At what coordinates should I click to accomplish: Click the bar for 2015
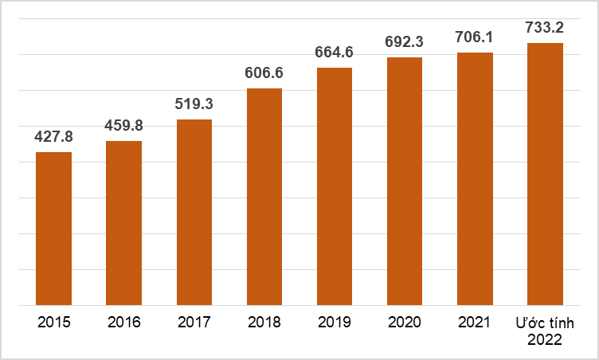coord(54,229)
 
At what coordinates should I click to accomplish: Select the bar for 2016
coord(124,223)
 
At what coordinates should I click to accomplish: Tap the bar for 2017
coord(194,212)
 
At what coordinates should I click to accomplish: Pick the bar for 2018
coord(264,197)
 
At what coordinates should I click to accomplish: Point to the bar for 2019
coord(335,186)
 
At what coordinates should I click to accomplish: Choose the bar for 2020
coord(405,182)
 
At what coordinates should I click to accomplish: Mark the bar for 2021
coord(475,179)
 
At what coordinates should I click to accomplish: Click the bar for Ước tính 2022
coord(545,174)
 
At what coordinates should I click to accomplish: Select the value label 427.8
coord(54,136)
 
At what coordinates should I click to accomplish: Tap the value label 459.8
coord(124,125)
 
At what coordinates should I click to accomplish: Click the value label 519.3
coord(194,104)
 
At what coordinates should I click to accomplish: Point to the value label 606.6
coord(264,72)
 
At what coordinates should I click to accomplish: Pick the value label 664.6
coord(335,53)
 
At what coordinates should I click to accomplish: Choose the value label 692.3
coord(405,42)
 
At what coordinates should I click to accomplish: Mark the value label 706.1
coord(475,37)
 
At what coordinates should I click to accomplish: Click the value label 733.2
coord(545,27)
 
